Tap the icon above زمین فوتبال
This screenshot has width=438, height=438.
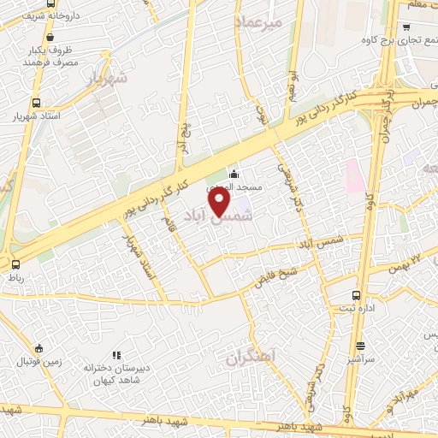39,348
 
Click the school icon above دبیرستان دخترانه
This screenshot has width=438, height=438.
116,355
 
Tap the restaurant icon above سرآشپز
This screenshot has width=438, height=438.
361,346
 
